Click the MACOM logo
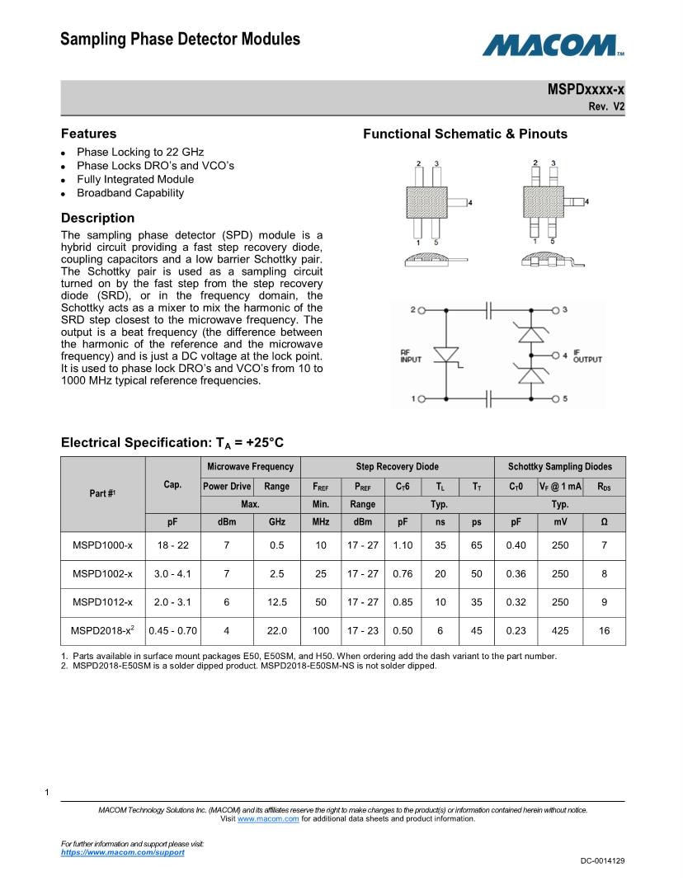[x=552, y=45]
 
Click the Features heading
[x=88, y=134]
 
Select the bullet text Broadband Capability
[x=130, y=193]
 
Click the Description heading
[x=97, y=218]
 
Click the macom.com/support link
[x=123, y=852]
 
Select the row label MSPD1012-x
[x=102, y=602]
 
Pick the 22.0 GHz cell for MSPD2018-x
[x=276, y=631]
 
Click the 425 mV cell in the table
[x=560, y=631]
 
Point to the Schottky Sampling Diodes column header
[x=560, y=467]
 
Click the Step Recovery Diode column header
[x=397, y=467]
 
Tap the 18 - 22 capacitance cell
[x=172, y=545]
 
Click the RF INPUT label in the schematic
[x=410, y=355]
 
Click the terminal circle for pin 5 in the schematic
[x=555, y=399]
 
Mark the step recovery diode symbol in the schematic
[x=446, y=355]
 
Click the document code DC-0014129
[x=602, y=861]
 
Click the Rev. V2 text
[x=606, y=106]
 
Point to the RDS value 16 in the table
[x=604, y=631]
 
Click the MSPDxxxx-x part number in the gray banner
[x=586, y=89]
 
